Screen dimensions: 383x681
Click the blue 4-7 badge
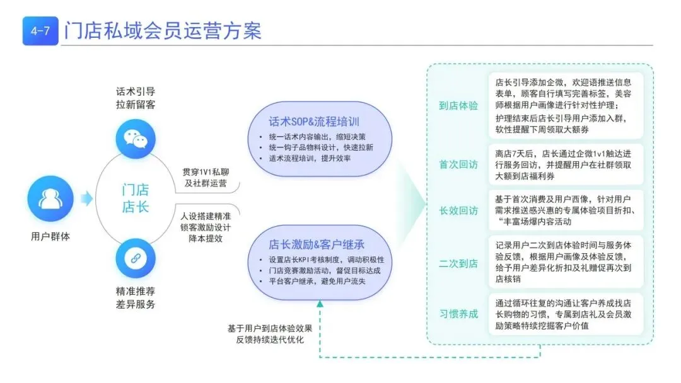coord(40,31)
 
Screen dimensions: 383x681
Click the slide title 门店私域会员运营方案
coord(163,30)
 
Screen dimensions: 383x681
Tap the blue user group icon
coord(50,198)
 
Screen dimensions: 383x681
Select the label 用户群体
coord(50,237)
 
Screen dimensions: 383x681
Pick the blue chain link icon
coord(136,258)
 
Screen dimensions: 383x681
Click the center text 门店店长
coord(136,198)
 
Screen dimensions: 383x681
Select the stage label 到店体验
coord(458,106)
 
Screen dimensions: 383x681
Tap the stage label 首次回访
coord(458,164)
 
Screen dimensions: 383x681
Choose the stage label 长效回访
coord(458,210)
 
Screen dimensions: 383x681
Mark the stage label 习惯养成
coord(458,314)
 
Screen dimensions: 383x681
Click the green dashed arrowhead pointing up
coord(320,304)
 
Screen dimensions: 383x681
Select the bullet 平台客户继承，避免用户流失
coord(313,281)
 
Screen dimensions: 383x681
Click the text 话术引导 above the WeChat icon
coord(136,91)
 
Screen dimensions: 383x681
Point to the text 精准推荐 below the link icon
coord(136,291)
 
